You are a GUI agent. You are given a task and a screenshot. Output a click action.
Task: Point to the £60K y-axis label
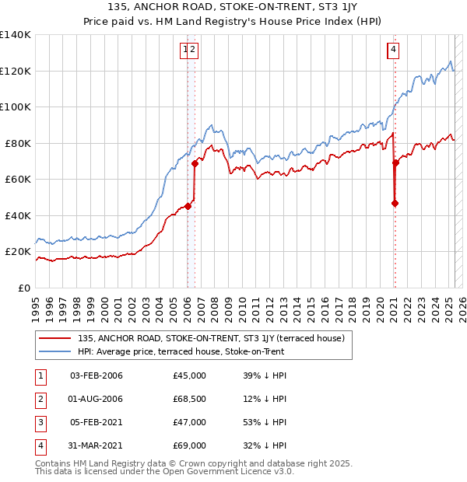click(18, 179)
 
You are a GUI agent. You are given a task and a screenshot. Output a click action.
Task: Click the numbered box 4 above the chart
click(393, 51)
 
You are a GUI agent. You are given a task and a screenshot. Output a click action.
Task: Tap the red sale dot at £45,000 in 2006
click(188, 207)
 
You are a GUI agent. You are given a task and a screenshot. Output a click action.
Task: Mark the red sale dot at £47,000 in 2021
click(395, 204)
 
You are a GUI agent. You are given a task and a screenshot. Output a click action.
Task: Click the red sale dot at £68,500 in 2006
click(195, 164)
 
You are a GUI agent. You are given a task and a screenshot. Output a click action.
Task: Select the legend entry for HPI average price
click(181, 351)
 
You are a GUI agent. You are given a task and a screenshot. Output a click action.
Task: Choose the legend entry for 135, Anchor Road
click(216, 338)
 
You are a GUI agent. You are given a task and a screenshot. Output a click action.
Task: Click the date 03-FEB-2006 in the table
click(97, 375)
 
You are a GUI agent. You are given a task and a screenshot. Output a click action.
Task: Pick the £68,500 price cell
click(189, 399)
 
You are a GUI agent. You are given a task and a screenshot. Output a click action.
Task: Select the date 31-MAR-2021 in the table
click(97, 445)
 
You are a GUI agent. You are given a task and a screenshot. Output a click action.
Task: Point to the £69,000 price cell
click(189, 445)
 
